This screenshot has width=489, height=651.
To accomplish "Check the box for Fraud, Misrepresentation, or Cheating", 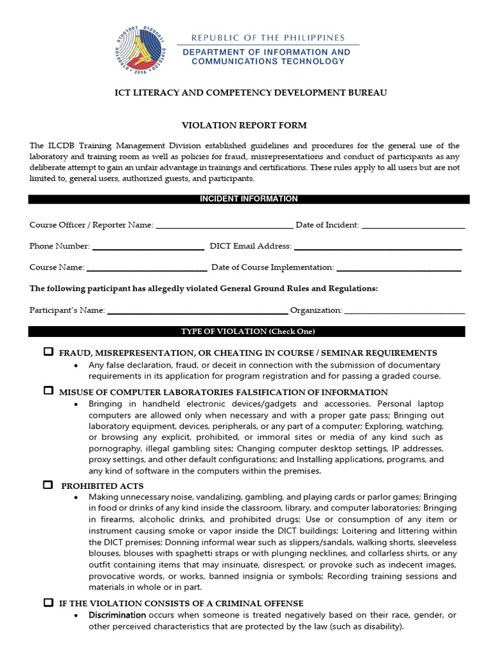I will pos(48,352).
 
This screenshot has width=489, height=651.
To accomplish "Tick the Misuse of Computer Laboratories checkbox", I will pos(48,391).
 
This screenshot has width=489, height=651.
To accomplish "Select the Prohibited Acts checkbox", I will pos(48,485).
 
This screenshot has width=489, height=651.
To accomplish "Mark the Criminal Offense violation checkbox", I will pos(48,602).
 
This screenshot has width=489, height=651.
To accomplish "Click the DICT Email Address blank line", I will pos(377,247).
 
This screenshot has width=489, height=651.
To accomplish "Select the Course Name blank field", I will pos(146,268).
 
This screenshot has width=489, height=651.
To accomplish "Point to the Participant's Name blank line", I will pos(197,311).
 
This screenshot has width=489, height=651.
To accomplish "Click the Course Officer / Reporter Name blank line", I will pos(224,226).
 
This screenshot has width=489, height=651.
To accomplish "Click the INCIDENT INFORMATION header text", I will pos(248,199).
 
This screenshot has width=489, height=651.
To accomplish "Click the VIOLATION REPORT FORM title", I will pos(244,125).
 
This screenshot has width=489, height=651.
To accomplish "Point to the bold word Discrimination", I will pos(117,615).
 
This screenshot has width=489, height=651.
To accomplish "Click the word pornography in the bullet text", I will pos(115,448).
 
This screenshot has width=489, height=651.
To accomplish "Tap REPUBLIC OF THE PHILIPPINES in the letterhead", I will pos(268,38).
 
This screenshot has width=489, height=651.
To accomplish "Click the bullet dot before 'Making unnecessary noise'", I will pos(77,497).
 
